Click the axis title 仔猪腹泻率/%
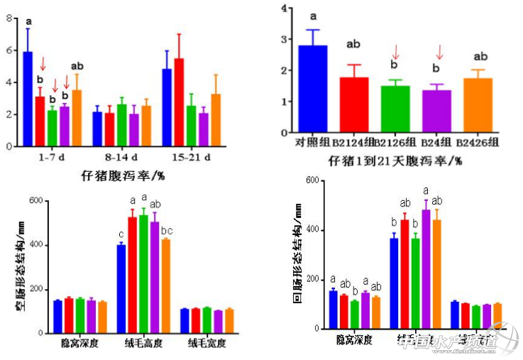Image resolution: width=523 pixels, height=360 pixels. (x=117, y=174)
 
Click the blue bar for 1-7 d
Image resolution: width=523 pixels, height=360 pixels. (x=28, y=99)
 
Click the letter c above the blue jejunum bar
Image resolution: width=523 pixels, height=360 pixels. (x=121, y=236)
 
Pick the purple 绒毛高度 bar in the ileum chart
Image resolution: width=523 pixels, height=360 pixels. (x=426, y=269)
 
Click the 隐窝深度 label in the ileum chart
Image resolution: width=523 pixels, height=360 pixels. (x=355, y=340)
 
